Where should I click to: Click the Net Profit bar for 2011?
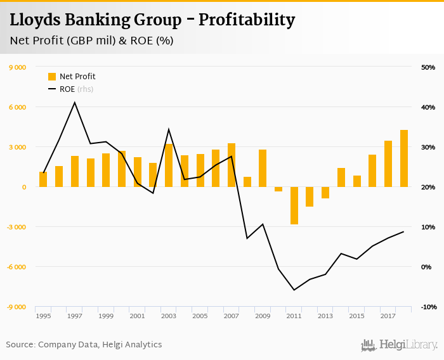pos(294,205)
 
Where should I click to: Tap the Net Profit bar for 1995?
pos(43,179)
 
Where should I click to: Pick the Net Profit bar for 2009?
pos(263,168)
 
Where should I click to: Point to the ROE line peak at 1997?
pos(75,102)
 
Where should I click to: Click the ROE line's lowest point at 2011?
pos(294,290)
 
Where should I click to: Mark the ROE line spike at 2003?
pos(169,129)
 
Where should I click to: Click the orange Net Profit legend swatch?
pos(52,77)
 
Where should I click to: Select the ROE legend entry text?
pos(68,89)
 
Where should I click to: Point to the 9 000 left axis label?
pos(17,67)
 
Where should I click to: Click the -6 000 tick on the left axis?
pos(16,267)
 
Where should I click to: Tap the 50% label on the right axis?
pos(428,67)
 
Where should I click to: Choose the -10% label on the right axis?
pos(427,307)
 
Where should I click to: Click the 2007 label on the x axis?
pos(232,316)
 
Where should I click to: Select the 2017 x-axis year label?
pos(388,316)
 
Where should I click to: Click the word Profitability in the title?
pos(247,20)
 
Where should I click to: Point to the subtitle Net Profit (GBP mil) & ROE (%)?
pos(91,41)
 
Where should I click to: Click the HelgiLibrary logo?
pos(400,345)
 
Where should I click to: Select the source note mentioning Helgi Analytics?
pos(84,345)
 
